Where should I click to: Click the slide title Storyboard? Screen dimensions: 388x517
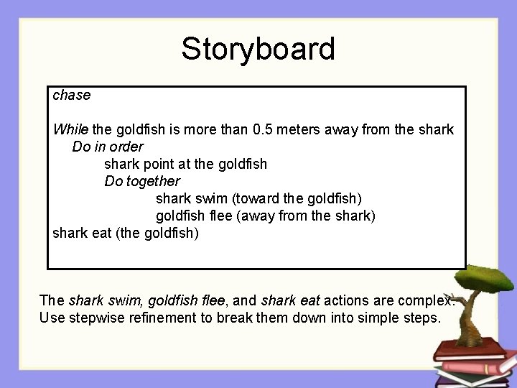(258, 50)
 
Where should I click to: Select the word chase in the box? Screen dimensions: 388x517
(72, 95)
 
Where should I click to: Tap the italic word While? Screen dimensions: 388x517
(71, 129)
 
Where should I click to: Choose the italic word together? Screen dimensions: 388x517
(153, 181)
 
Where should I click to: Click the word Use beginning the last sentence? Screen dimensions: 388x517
(52, 318)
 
